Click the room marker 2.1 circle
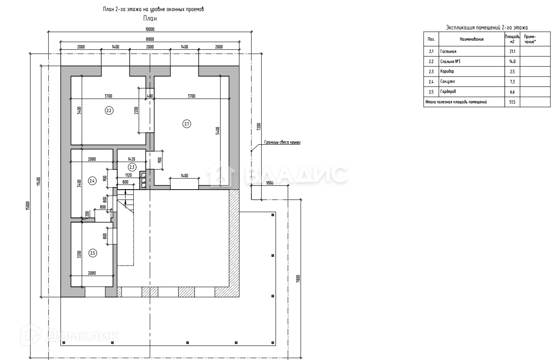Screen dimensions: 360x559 pos(187,124)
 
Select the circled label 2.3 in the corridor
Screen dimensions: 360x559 pos(132,167)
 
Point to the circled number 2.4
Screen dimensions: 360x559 pos(92,181)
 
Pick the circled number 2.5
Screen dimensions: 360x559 pos(93,253)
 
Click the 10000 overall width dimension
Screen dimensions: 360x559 pos(150,29)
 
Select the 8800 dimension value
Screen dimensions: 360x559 pos(150,39)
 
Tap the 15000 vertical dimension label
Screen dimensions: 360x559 pos(28,205)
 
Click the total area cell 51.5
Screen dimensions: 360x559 pos(512,102)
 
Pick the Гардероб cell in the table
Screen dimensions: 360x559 pos(448,92)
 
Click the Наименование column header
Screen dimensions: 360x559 pos(472,39)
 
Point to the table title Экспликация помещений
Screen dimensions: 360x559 pos(487,27)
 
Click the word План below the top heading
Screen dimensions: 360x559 pos(150,18)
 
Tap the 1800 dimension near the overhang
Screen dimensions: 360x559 pos(269,183)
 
